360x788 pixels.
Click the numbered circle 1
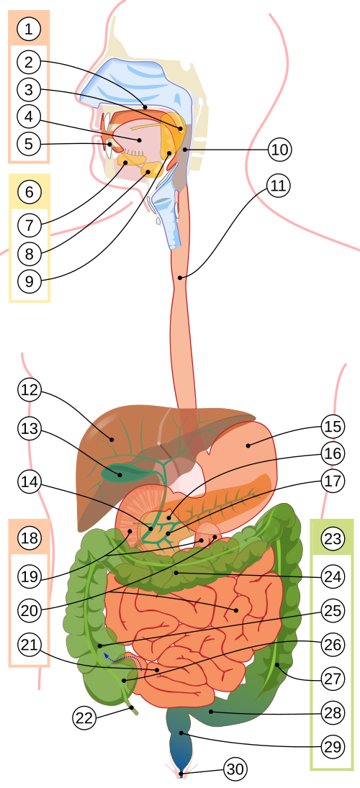coord(29,30)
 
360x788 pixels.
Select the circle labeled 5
coord(29,144)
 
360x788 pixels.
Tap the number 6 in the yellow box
coord(29,192)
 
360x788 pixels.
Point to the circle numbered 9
coord(29,281)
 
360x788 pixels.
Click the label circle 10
coord(279,150)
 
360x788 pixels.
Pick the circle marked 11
coord(278,186)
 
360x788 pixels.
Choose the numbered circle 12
coord(29,391)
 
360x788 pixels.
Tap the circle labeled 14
coord(29,482)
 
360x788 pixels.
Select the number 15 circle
coord(332,426)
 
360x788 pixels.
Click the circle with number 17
coord(332,481)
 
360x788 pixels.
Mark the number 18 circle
coord(29,538)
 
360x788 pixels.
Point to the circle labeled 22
coord(84,717)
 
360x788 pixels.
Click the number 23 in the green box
coord(332,538)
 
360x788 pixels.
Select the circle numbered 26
coord(332,644)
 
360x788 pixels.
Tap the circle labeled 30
coord(235,769)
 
